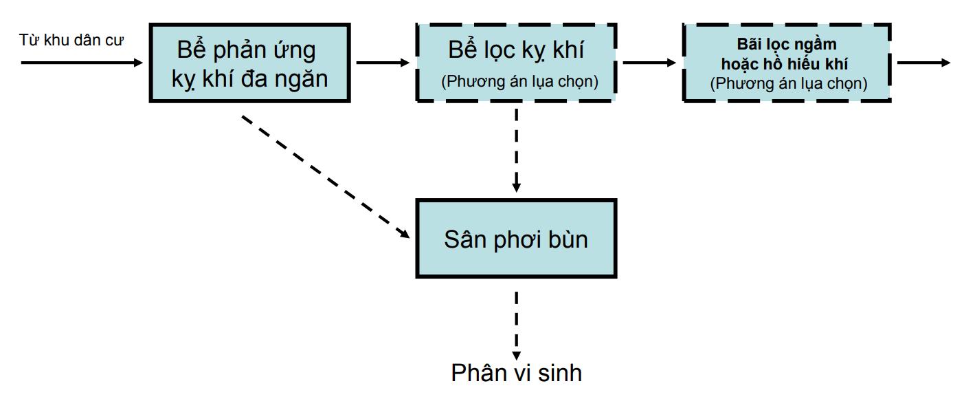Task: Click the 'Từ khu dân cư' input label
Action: pyautogui.click(x=71, y=40)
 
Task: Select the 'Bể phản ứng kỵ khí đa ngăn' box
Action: pyautogui.click(x=250, y=63)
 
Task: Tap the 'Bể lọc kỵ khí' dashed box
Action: pyautogui.click(x=516, y=63)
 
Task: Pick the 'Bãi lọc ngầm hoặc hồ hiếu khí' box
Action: pyautogui.click(x=787, y=63)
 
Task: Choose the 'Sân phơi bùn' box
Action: pyautogui.click(x=516, y=239)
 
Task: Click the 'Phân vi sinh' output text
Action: pyautogui.click(x=516, y=373)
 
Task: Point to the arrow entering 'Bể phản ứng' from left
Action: pyautogui.click(x=82, y=63)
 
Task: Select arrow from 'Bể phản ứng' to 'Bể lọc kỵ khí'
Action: pyautogui.click(x=383, y=63)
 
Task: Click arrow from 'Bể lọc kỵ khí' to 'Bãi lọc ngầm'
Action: pyautogui.click(x=649, y=63)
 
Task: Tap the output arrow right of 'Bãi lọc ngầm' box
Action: pyautogui.click(x=923, y=63)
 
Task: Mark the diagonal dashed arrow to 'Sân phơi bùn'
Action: pyautogui.click(x=326, y=177)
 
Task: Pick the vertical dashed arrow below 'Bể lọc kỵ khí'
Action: pyautogui.click(x=516, y=150)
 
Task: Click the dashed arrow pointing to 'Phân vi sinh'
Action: pyautogui.click(x=516, y=326)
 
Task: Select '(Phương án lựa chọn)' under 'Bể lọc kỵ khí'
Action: pyautogui.click(x=519, y=81)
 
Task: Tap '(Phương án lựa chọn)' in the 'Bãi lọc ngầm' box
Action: pyautogui.click(x=788, y=83)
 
